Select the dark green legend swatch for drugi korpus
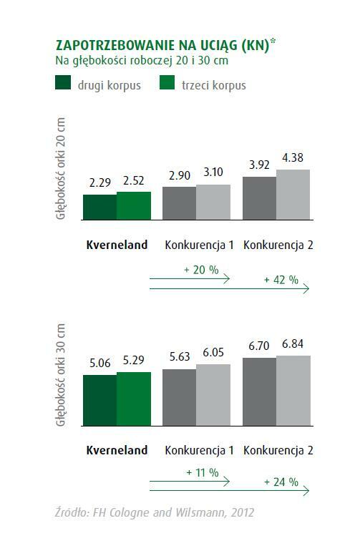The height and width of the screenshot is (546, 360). [63, 85]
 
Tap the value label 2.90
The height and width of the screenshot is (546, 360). [179, 175]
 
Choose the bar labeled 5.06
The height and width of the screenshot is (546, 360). [99, 400]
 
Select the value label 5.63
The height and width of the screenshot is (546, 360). [179, 356]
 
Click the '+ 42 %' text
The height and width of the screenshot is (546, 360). [281, 280]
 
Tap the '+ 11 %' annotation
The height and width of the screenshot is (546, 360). [202, 473]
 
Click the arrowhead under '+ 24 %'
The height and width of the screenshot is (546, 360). [307, 491]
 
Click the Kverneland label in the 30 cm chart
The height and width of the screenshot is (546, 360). [117, 451]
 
